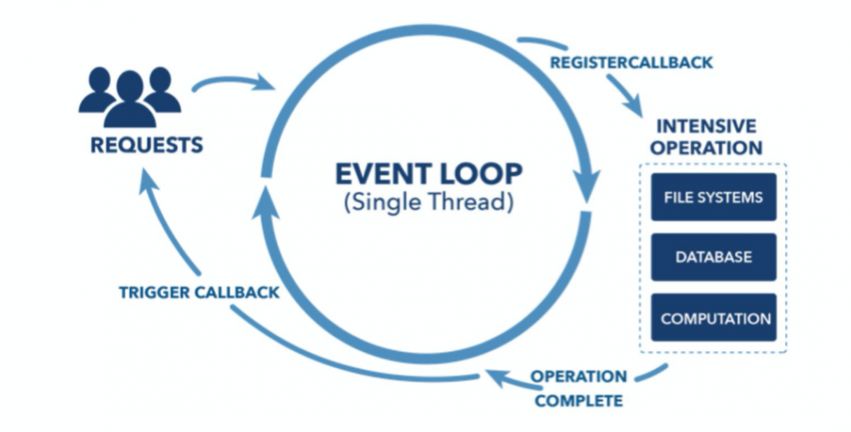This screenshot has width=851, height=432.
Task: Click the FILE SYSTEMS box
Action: pyautogui.click(x=714, y=197)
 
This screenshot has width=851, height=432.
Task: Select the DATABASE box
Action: pyautogui.click(x=714, y=257)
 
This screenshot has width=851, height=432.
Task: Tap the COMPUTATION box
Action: pyautogui.click(x=714, y=317)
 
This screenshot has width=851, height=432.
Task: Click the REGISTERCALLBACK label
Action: pyautogui.click(x=631, y=62)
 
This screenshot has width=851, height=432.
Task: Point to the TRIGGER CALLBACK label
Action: pyautogui.click(x=199, y=292)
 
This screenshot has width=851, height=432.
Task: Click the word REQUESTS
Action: pyautogui.click(x=146, y=145)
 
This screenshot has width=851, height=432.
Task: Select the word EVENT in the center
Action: pyautogui.click(x=383, y=174)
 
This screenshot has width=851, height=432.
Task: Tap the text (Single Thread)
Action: pyautogui.click(x=428, y=202)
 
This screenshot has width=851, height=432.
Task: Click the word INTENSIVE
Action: pyautogui.click(x=706, y=126)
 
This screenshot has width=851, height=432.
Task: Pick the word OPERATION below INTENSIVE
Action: pyautogui.click(x=706, y=147)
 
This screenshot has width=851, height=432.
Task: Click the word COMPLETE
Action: pyautogui.click(x=579, y=401)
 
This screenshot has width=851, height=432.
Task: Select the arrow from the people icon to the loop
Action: pyautogui.click(x=234, y=83)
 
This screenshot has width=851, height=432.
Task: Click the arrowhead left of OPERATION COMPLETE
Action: pyautogui.click(x=499, y=377)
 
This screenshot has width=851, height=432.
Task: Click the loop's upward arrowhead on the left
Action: pyautogui.click(x=266, y=202)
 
